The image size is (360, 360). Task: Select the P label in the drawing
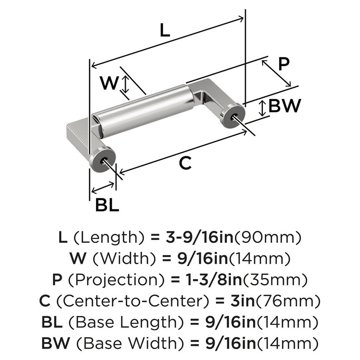coord(284,64)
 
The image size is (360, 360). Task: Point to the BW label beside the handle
coord(284,106)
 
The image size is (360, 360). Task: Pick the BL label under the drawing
coord(107,206)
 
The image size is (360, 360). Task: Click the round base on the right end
coord(233,116)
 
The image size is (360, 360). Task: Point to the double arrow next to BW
coord(263,108)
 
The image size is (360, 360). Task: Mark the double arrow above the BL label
coord(103,187)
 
